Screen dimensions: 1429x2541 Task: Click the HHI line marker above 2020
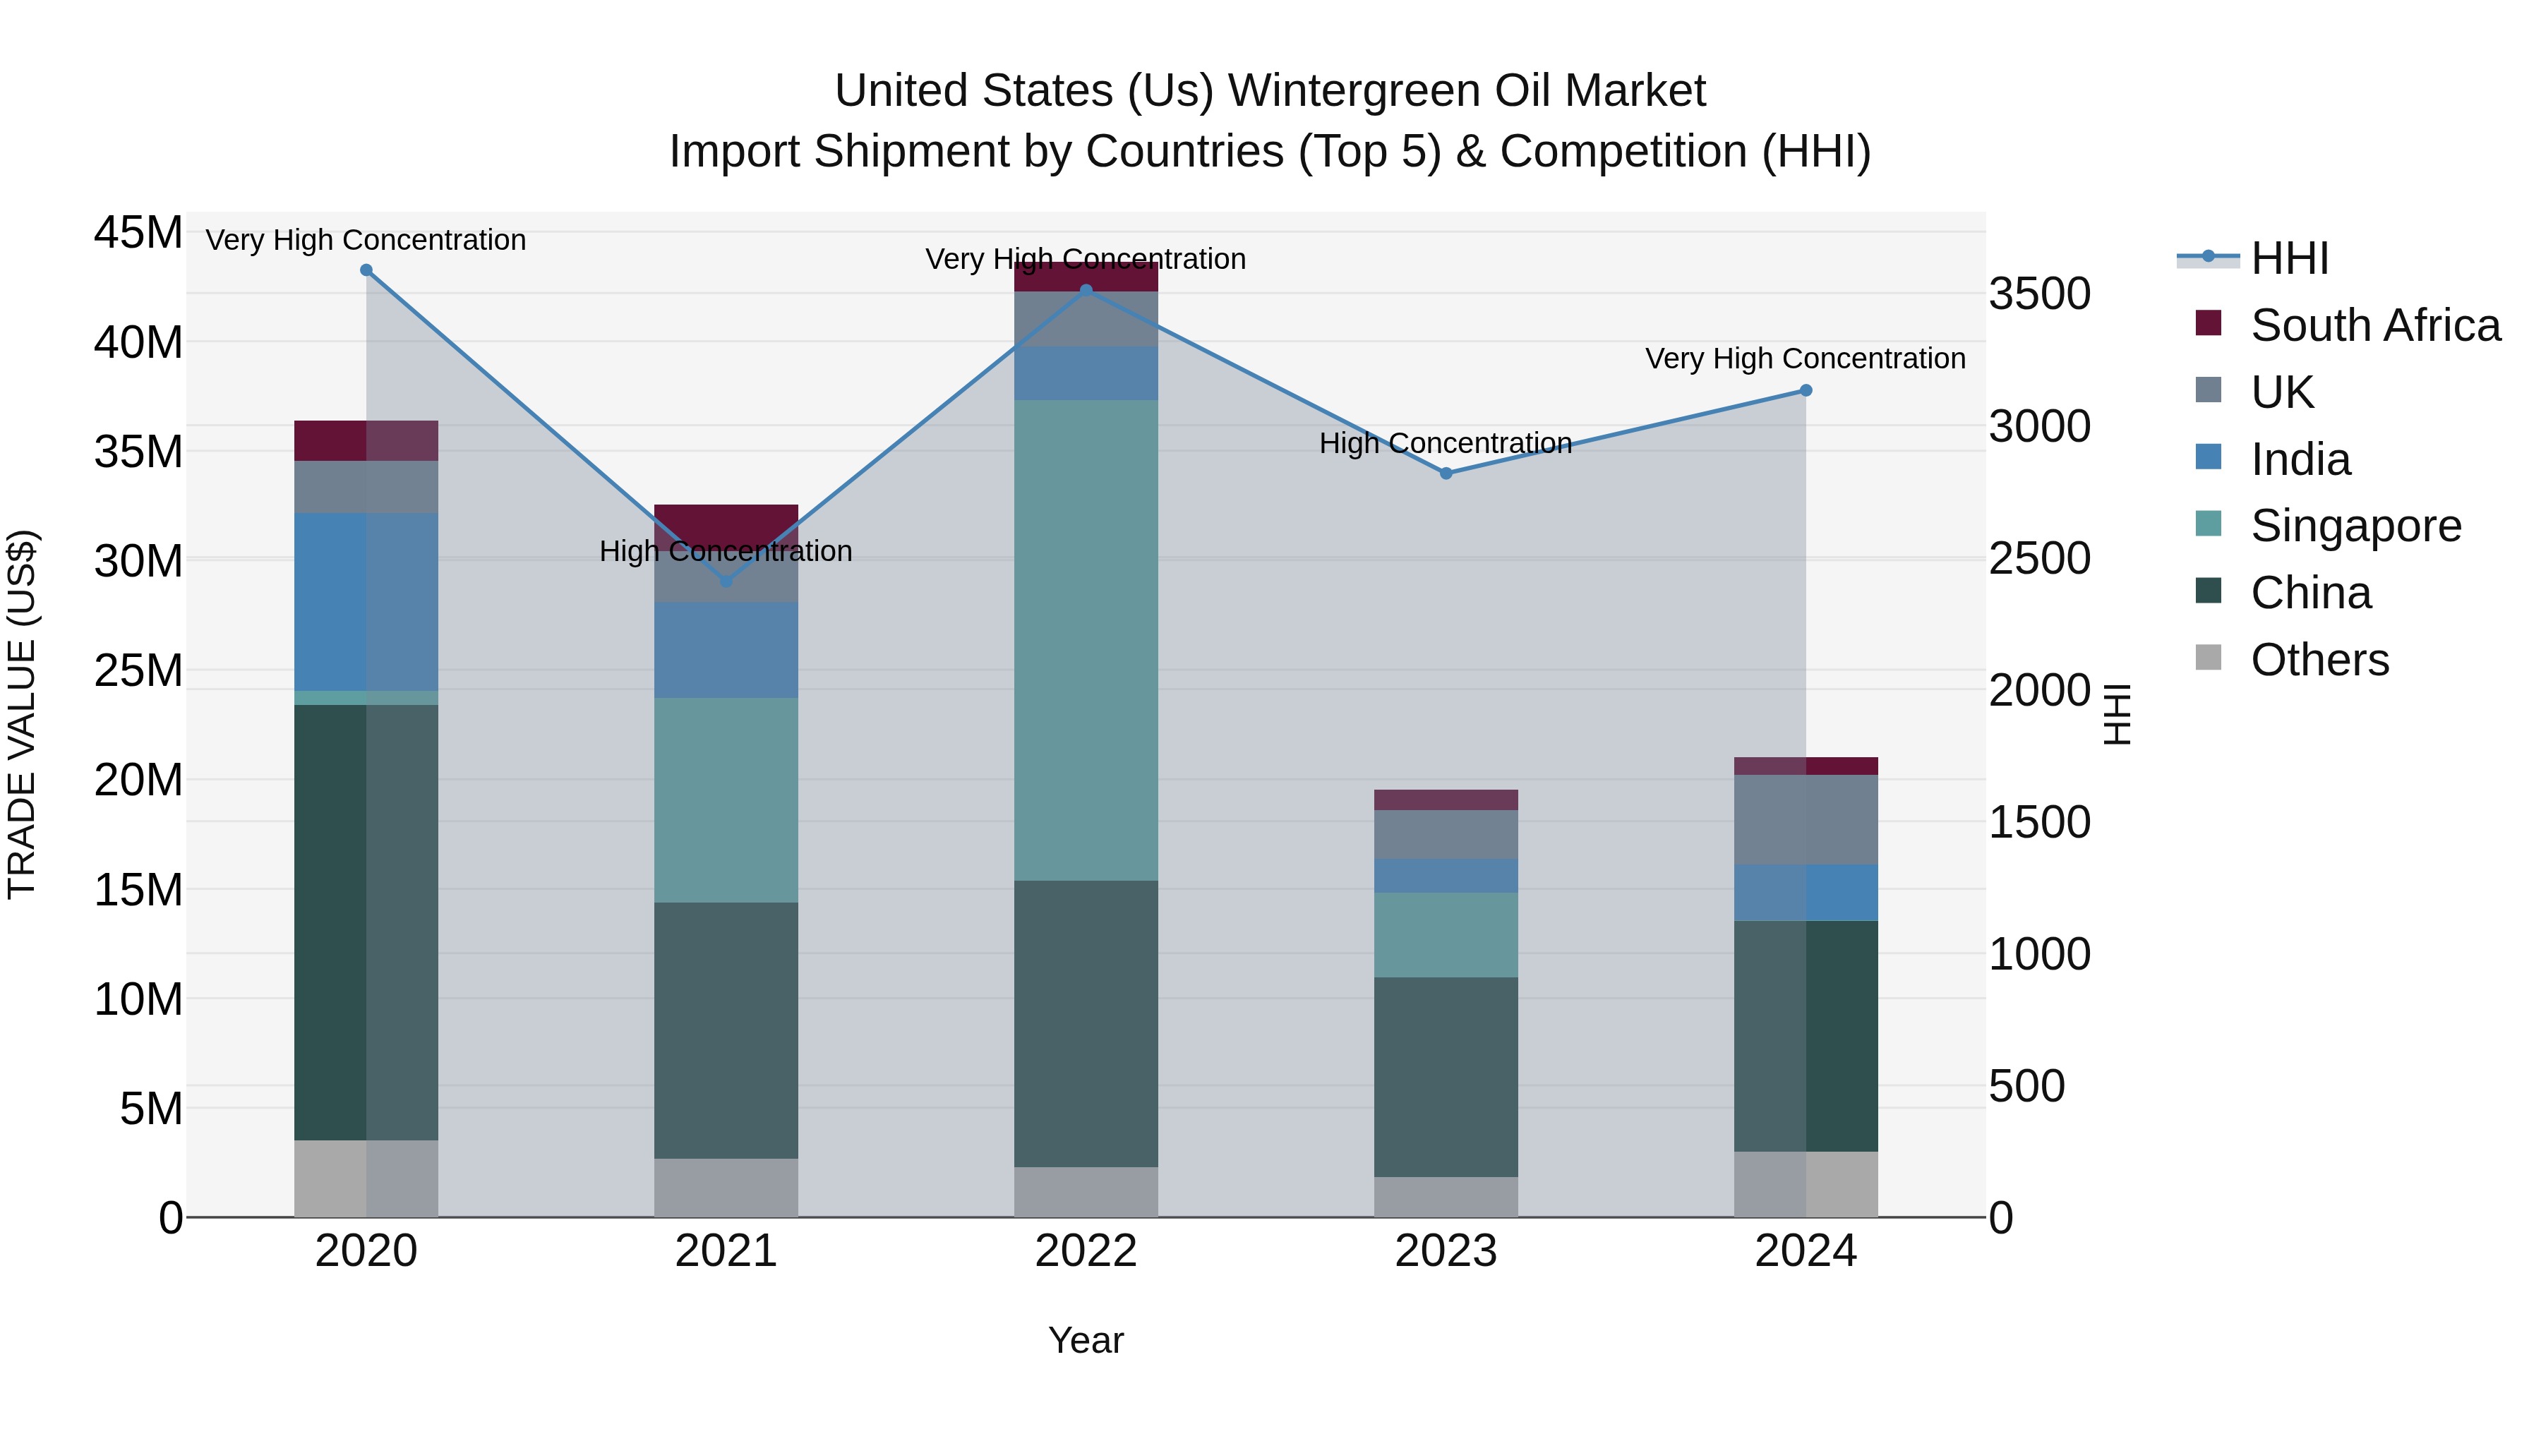pos(366,270)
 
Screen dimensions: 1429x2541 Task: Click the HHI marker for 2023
pos(1446,474)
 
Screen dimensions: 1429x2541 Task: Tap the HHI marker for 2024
pos(1806,390)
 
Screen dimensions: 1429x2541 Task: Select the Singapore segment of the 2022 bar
pos(1086,640)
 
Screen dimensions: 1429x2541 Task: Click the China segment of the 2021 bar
pos(726,1030)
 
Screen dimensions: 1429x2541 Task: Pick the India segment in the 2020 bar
pos(366,601)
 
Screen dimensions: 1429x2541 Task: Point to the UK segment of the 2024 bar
pos(1806,819)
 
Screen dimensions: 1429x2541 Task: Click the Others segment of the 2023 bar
pos(1446,1196)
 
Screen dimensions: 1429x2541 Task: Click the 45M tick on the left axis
pos(138,234)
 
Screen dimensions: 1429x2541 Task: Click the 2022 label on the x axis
pos(1086,1251)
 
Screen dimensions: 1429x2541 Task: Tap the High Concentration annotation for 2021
pos(726,551)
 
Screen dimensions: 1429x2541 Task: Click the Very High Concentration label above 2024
pos(1805,359)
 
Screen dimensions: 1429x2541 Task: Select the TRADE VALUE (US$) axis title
pos(23,714)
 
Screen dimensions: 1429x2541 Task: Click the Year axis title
pos(1086,1340)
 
